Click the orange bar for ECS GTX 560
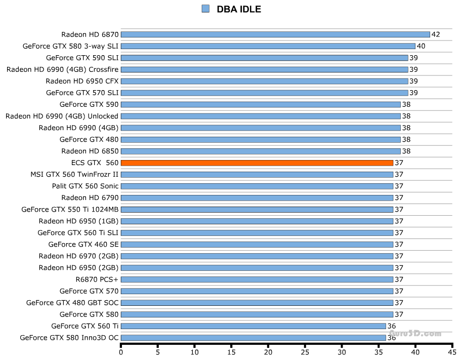(257, 163)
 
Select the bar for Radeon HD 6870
(275, 35)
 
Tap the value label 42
(435, 35)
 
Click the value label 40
(421, 47)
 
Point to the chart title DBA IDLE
(239, 9)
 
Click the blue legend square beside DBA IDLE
(205, 9)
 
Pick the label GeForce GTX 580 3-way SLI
(70, 47)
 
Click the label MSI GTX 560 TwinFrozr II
(74, 175)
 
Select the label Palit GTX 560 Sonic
(85, 186)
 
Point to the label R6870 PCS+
(97, 279)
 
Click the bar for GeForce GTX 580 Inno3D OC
(253, 338)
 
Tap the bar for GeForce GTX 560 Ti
(253, 326)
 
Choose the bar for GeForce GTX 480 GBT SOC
(257, 303)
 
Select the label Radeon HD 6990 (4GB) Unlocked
(62, 116)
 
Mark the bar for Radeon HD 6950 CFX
(264, 82)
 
